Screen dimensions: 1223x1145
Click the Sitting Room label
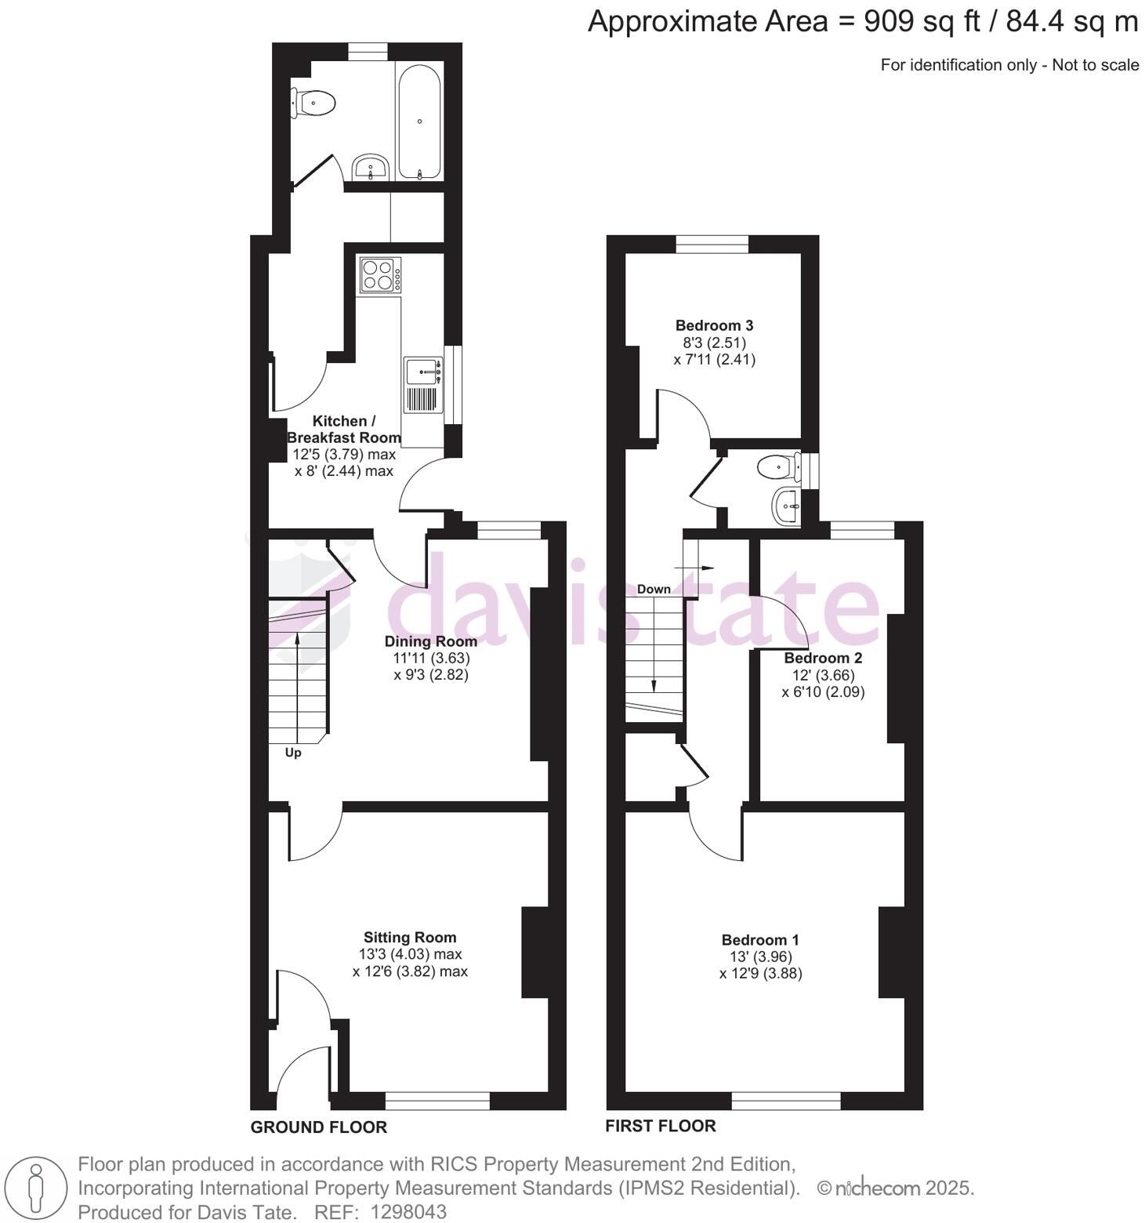click(x=409, y=937)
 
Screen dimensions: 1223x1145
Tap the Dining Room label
click(x=430, y=641)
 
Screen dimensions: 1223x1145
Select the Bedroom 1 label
click(x=760, y=939)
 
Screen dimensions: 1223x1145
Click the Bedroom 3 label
click(x=714, y=325)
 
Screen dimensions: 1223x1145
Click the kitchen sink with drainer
click(x=423, y=384)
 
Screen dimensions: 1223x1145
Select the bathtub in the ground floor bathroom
click(x=420, y=122)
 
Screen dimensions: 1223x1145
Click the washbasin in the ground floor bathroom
click(x=370, y=167)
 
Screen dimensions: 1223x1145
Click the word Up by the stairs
click(x=293, y=753)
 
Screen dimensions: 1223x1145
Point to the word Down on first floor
click(x=654, y=589)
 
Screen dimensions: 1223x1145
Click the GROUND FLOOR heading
click(x=319, y=1127)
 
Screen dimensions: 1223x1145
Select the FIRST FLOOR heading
click(x=660, y=1126)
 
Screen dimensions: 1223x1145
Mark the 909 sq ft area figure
click(x=922, y=22)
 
